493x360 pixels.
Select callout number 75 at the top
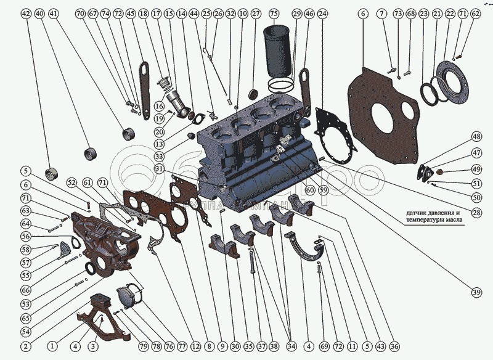pyautogui.click(x=274, y=13)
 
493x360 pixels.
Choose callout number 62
pyautogui.click(x=475, y=13)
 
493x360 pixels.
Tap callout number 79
pyautogui.click(x=143, y=347)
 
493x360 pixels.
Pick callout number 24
pyautogui.click(x=323, y=13)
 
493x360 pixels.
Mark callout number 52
pyautogui.click(x=72, y=182)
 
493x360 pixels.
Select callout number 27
pyautogui.click(x=256, y=13)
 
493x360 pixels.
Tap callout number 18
pyautogui.click(x=143, y=13)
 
